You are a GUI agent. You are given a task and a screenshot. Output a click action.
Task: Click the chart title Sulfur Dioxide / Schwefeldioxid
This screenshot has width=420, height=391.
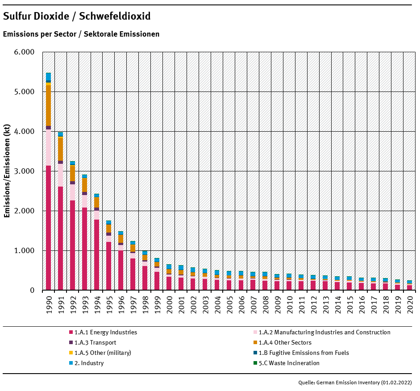pos(77,17)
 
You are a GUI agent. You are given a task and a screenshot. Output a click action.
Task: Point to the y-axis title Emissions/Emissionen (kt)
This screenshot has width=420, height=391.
pos(7,171)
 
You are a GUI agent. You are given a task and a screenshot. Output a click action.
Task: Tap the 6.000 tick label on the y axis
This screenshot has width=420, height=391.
pos(25,52)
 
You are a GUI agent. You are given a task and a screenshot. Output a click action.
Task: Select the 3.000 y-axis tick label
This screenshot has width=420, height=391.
pos(25,171)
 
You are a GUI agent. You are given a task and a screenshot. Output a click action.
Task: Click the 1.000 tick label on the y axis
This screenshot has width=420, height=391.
pos(25,251)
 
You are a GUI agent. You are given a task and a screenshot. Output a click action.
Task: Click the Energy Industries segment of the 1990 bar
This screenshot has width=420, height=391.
pos(48,228)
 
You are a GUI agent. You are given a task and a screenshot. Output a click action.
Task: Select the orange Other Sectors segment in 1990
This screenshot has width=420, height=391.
pos(48,105)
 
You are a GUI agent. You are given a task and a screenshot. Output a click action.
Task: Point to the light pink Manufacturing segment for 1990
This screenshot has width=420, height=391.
pos(48,147)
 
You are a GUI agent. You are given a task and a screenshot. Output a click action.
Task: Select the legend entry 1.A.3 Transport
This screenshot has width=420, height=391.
pos(95,343)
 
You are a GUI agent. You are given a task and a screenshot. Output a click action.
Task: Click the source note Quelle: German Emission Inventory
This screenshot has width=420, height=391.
pos(355,383)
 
